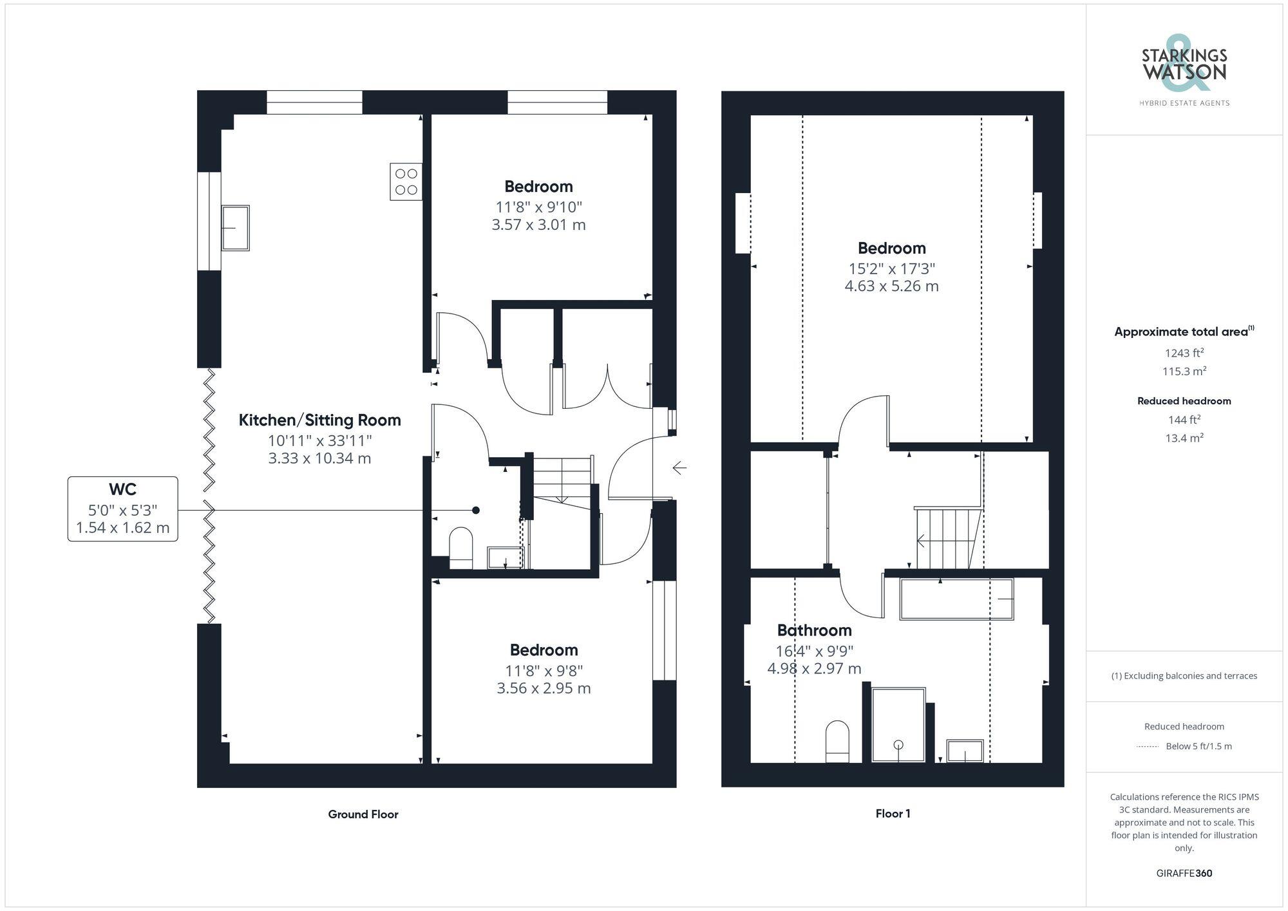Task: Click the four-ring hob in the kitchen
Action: pos(406,182)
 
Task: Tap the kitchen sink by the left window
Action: pos(235,228)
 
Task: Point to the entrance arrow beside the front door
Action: pos(679,467)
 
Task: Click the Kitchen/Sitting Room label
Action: pos(319,420)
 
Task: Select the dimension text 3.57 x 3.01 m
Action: pos(538,225)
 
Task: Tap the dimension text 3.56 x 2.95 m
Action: pos(544,688)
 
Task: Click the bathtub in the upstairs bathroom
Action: pos(956,599)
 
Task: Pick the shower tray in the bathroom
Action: pos(898,725)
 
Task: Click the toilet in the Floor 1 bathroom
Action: pos(837,742)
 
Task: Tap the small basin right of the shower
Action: pos(965,751)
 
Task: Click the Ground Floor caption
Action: pos(363,814)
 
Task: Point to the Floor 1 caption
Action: pos(893,814)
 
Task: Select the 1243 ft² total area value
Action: pos(1184,353)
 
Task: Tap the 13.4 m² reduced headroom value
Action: pos(1184,438)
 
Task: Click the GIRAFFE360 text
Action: pos(1184,874)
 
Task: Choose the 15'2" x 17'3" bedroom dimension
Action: pos(891,268)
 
